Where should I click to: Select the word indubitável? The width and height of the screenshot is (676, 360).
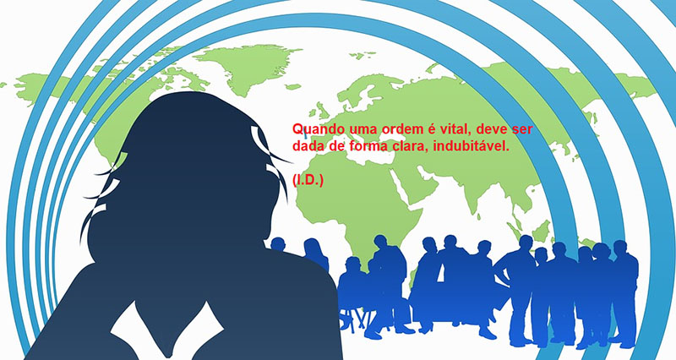(x=472, y=146)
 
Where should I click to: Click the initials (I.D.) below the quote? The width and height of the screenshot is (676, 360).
(x=308, y=181)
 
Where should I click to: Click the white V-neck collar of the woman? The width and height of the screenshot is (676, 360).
(x=167, y=330)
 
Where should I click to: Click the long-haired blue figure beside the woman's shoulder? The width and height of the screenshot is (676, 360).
(x=316, y=254)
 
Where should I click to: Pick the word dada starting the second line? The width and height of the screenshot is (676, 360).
(x=308, y=146)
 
